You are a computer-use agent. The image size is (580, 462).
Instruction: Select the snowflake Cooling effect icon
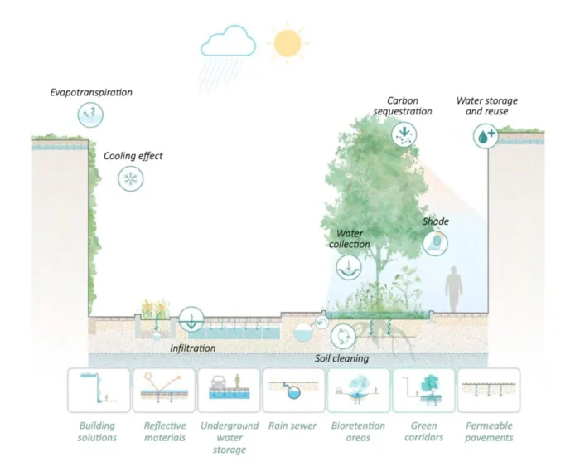(130, 178)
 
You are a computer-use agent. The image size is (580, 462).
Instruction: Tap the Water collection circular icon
(350, 266)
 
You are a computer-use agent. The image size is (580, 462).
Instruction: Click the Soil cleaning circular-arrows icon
(342, 336)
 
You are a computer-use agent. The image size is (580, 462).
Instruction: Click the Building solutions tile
(99, 390)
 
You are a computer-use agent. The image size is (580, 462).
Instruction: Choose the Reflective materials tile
(163, 390)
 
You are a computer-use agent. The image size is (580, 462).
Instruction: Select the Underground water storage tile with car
(228, 390)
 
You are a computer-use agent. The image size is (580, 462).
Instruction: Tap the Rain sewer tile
(293, 390)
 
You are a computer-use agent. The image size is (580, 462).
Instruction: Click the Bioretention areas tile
(358, 390)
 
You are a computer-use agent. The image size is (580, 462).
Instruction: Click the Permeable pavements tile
(488, 390)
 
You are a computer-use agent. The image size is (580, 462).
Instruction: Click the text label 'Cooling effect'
(133, 155)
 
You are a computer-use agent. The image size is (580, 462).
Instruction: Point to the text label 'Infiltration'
(193, 348)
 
